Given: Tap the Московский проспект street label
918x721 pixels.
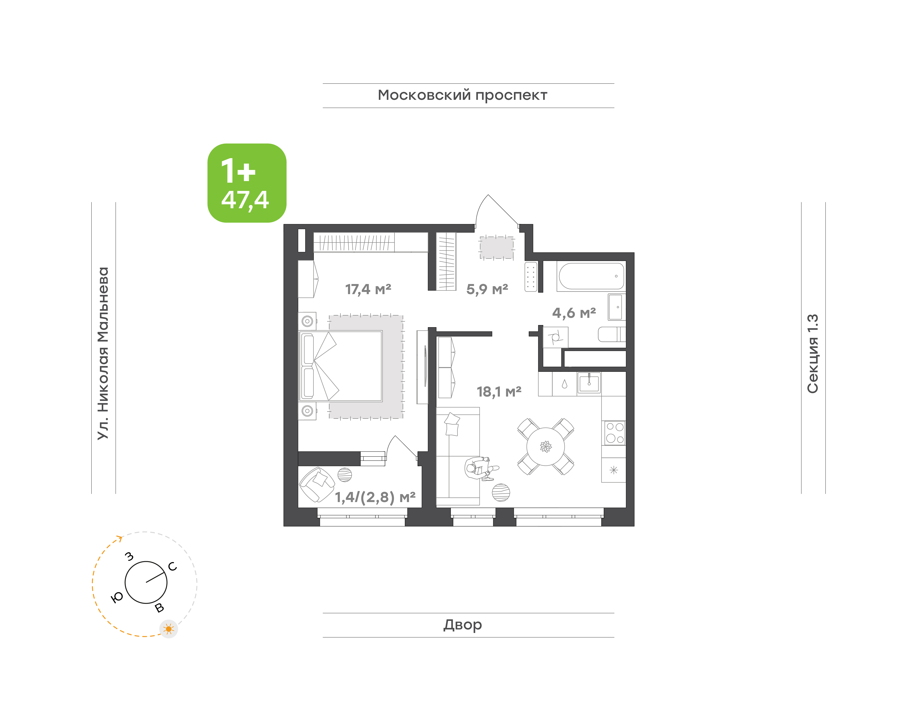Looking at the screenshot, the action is pos(462,95).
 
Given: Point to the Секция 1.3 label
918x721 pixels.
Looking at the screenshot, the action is pos(813,354).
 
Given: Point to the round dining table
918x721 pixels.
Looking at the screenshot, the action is pos(545,447).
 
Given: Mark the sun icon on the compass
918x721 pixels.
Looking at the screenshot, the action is pos(169,629).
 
